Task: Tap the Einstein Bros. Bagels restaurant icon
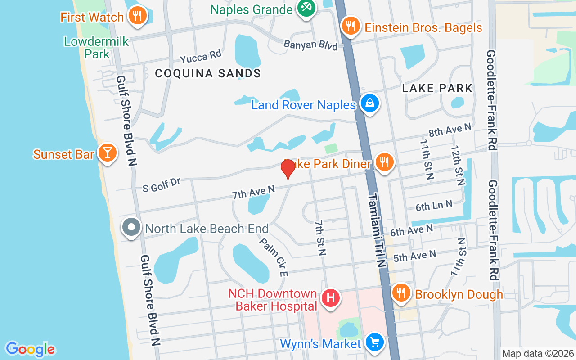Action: (x=350, y=26)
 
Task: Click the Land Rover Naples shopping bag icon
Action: (x=369, y=103)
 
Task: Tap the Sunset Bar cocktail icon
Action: (x=107, y=153)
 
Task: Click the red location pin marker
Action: (x=288, y=169)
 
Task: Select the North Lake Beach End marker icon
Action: (x=131, y=228)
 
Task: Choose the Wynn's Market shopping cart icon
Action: (x=374, y=342)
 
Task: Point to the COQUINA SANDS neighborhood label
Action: (x=208, y=73)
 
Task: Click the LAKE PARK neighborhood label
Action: (x=437, y=88)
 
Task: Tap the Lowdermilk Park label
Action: (x=97, y=48)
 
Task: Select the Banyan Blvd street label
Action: (x=310, y=45)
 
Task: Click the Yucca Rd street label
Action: (x=201, y=57)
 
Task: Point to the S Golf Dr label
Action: (x=161, y=184)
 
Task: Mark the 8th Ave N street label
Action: (x=450, y=130)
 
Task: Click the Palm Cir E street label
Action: (x=273, y=256)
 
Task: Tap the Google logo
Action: (x=30, y=349)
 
